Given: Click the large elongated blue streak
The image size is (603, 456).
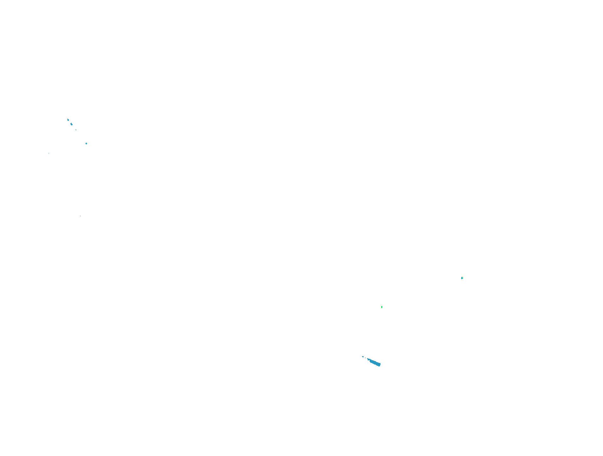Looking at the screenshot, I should (374, 363).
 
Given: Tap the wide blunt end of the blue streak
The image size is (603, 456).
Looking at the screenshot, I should (379, 365).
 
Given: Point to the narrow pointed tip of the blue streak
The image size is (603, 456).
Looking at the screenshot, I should (367, 359).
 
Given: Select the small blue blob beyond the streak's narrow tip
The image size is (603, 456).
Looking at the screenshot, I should (363, 357).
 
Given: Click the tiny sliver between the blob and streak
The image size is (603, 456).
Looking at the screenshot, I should (365, 358).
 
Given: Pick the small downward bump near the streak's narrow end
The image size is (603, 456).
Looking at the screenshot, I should (368, 360).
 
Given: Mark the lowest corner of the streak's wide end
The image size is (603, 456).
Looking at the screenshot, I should (379, 366).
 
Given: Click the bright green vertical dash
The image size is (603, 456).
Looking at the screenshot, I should (382, 307).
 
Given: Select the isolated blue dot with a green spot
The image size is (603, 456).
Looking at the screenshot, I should (462, 278).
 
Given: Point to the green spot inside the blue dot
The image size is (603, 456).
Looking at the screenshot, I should (462, 278).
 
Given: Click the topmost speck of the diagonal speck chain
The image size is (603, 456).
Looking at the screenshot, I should (68, 120).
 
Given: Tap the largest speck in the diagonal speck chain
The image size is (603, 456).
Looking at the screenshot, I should (72, 124).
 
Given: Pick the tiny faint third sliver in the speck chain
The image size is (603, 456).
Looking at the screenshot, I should (76, 130).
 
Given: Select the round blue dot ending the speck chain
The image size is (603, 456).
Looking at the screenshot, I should (86, 143).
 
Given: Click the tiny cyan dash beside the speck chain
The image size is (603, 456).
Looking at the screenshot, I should (49, 153).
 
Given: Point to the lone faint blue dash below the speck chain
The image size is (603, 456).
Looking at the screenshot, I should (80, 216).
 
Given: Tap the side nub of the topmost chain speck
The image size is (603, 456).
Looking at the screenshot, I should (69, 120).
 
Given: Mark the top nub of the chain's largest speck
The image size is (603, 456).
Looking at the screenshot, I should (71, 123).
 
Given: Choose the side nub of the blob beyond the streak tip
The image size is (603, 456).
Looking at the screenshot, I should (362, 357).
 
